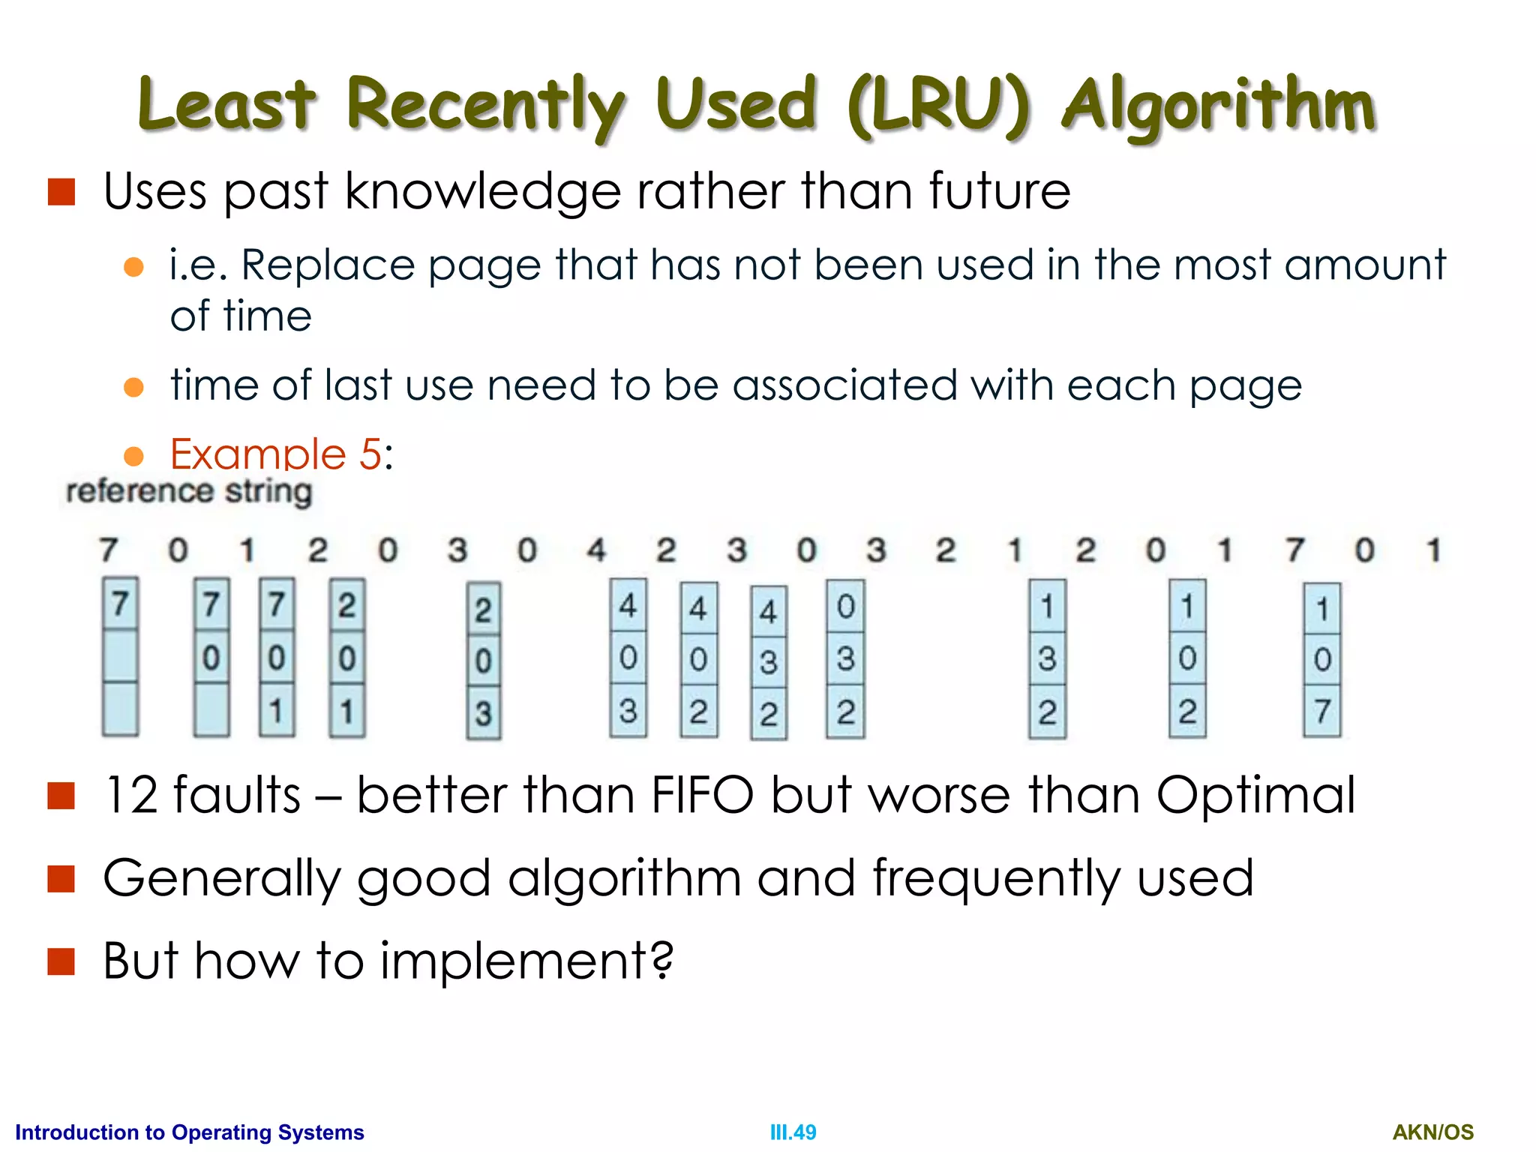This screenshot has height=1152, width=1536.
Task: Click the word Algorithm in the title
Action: pos(1218,105)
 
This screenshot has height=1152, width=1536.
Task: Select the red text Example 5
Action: pos(276,454)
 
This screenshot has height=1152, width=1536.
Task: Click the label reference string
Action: pos(189,492)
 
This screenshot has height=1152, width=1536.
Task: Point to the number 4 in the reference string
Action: pos(596,550)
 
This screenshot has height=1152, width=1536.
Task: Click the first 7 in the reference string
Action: pos(109,550)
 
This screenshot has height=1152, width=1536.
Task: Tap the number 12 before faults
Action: pos(130,795)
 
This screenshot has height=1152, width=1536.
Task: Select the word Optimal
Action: pos(1255,795)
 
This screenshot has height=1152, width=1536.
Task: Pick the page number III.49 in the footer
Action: pos(793,1132)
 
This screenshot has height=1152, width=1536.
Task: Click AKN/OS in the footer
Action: pos(1432,1132)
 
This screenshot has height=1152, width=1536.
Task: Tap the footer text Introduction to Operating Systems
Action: pos(190,1132)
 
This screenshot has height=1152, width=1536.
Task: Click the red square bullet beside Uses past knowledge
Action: pos(61,192)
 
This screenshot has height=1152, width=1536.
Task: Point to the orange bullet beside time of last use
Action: pos(133,387)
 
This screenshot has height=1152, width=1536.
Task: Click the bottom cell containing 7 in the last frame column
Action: pos(1322,710)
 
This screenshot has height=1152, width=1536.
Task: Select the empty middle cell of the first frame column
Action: pos(120,656)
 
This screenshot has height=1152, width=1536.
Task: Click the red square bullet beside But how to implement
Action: pos(61,961)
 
